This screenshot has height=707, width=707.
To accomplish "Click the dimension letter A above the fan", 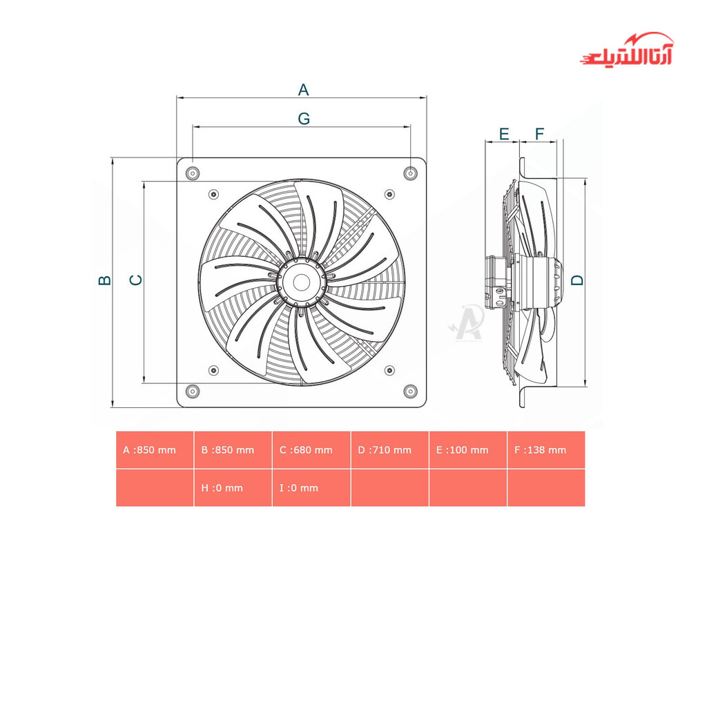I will pyautogui.click(x=303, y=89).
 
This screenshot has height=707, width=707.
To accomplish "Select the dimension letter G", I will pyautogui.click(x=304, y=119).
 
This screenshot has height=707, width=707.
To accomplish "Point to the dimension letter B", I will pyautogui.click(x=104, y=280).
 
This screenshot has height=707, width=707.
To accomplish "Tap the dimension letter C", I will pyautogui.click(x=137, y=280).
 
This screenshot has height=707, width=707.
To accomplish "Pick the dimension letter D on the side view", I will pyautogui.click(x=577, y=280).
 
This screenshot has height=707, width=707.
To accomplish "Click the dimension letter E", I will pyautogui.click(x=504, y=133).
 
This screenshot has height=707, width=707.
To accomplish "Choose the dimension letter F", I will pyautogui.click(x=540, y=133).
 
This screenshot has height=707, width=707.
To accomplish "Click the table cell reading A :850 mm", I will pyautogui.click(x=155, y=450).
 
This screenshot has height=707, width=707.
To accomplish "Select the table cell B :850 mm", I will pyautogui.click(x=233, y=450).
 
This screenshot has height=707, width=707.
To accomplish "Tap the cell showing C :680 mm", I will pyautogui.click(x=311, y=450).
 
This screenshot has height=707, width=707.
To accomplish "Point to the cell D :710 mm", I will pyautogui.click(x=389, y=450).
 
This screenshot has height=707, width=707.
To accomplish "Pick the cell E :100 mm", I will pyautogui.click(x=467, y=450).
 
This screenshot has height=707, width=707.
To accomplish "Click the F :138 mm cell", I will pyautogui.click(x=545, y=450).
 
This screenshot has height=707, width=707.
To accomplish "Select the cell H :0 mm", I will pyautogui.click(x=233, y=487).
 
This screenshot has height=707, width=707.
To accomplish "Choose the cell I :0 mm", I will pyautogui.click(x=311, y=487).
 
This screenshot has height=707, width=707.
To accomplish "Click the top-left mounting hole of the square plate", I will pyautogui.click(x=193, y=173).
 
